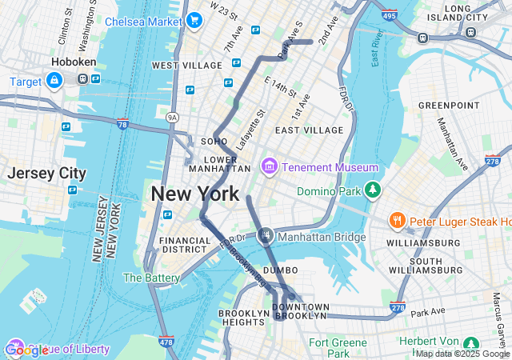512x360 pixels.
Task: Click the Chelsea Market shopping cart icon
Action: tap(194, 21)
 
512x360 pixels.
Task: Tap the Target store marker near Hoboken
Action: tap(54, 81)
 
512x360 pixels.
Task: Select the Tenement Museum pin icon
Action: tap(269, 166)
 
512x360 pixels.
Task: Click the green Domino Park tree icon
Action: tap(371, 190)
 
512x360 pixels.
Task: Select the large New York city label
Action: tap(194, 194)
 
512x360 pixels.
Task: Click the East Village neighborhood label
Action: tap(309, 130)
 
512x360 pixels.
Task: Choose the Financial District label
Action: tap(185, 245)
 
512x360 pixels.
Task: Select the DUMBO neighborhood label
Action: tap(280, 270)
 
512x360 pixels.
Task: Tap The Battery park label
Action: tap(151, 278)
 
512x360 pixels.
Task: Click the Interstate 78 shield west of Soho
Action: tap(122, 124)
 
